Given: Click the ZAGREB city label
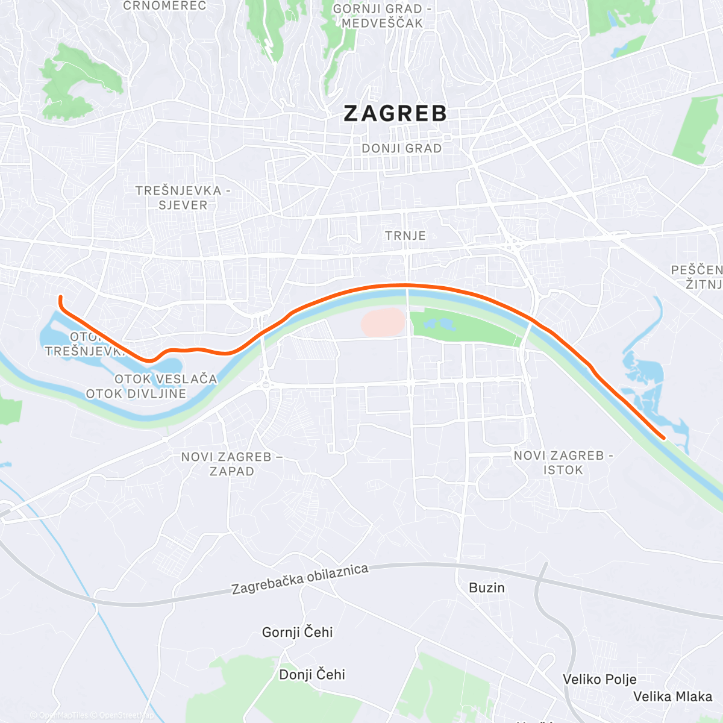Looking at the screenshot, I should (x=395, y=113).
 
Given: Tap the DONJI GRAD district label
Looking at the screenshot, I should (x=401, y=148).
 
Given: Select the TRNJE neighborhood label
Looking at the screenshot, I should (x=405, y=236).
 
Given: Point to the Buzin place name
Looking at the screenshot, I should (x=487, y=587).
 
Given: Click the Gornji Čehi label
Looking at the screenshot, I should (x=297, y=632).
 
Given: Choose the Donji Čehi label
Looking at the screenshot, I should (x=312, y=674).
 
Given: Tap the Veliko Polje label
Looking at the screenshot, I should (x=599, y=679).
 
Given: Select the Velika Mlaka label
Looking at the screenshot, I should (x=672, y=696).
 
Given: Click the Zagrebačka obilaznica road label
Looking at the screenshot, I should (x=300, y=579).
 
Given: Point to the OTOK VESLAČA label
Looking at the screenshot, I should (x=166, y=379).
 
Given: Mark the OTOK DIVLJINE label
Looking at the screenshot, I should (x=136, y=394).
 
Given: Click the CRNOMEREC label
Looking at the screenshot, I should (x=164, y=6).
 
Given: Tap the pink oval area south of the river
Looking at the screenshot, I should (x=383, y=322).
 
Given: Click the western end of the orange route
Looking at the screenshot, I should (x=60, y=296).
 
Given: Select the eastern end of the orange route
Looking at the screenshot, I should (x=663, y=438).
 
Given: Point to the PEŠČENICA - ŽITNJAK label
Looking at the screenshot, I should (x=698, y=277).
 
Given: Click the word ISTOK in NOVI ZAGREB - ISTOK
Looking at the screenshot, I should (x=563, y=470).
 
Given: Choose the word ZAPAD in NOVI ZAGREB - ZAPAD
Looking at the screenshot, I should (x=232, y=471).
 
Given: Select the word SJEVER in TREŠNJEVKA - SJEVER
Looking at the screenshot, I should (x=183, y=205).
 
